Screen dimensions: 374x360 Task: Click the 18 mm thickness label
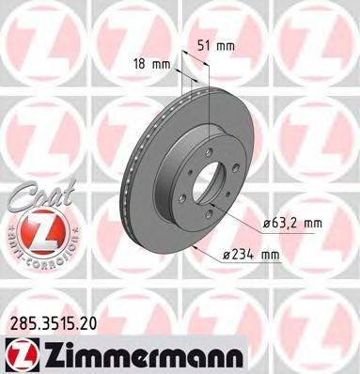151,64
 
